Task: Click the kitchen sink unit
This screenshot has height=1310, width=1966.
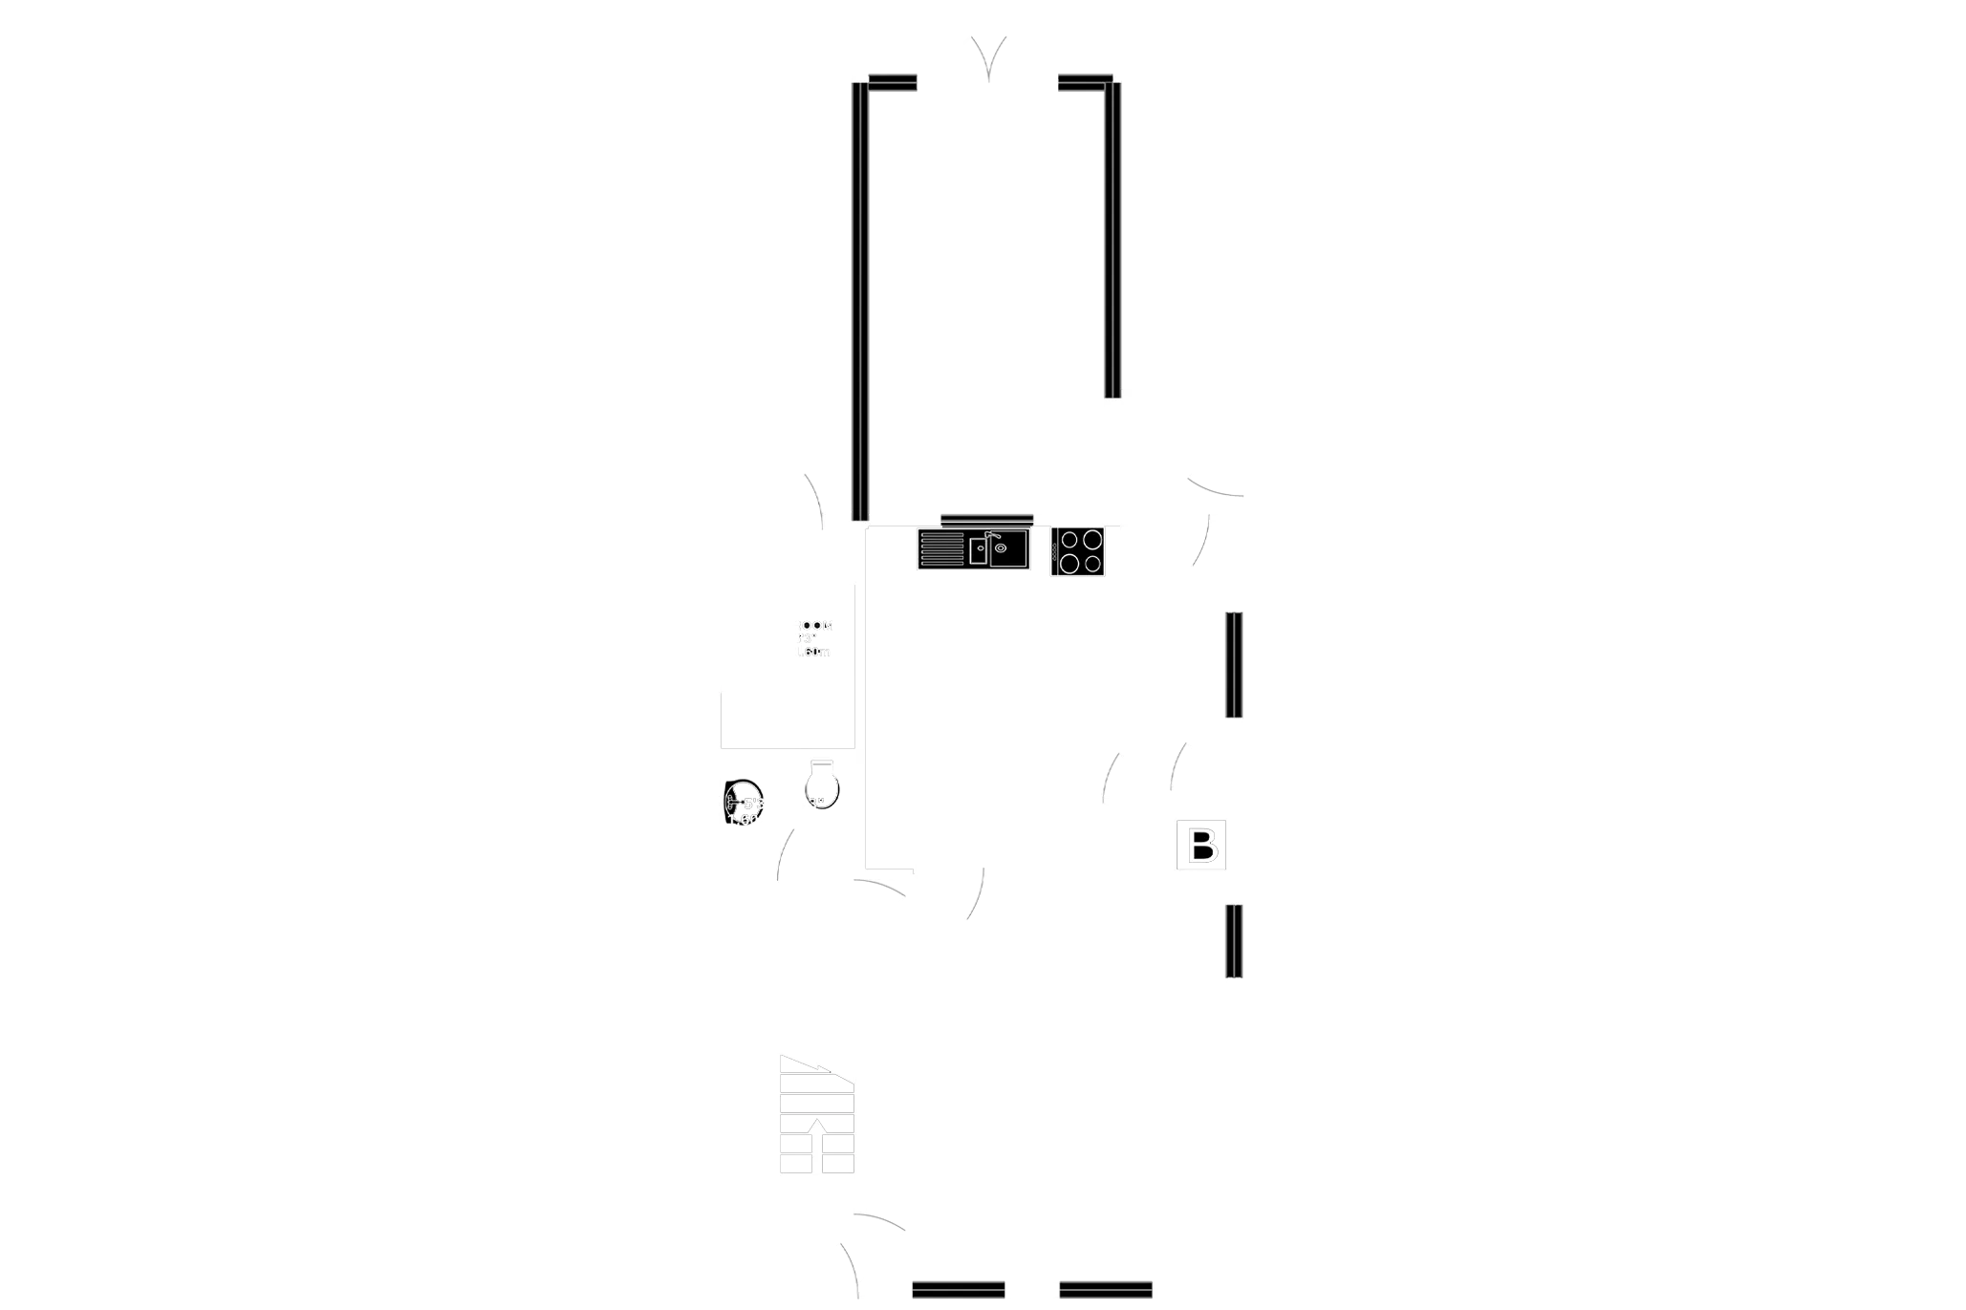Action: click(x=971, y=550)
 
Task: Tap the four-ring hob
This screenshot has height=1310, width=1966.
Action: click(x=1079, y=551)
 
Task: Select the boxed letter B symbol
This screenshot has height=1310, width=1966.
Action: click(x=1200, y=846)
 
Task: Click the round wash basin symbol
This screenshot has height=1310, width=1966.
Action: click(x=743, y=802)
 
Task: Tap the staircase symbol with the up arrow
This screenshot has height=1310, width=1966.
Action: click(x=817, y=1115)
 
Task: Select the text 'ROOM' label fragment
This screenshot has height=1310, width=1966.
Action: click(x=814, y=626)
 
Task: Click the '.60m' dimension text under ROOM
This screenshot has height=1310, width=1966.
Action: click(x=814, y=651)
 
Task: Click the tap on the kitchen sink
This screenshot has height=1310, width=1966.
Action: click(x=991, y=540)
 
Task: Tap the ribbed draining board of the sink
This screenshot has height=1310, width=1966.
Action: click(x=941, y=550)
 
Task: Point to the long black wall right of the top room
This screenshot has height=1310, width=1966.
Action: click(x=1112, y=239)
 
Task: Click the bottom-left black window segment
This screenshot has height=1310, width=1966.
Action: click(x=959, y=1287)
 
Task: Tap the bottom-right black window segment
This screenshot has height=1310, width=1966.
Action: click(x=1106, y=1287)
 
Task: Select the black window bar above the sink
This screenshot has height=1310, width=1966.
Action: click(x=986, y=519)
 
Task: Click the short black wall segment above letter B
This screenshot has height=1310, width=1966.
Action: click(x=1235, y=664)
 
